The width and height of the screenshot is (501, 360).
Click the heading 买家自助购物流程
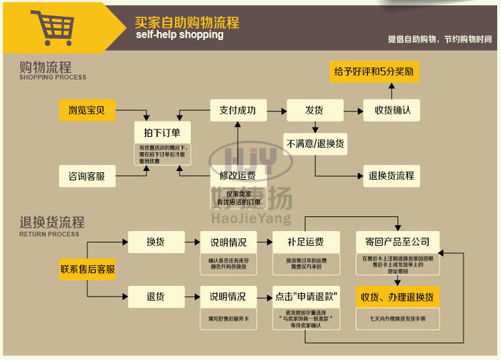186,22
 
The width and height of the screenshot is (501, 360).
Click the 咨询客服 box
87,176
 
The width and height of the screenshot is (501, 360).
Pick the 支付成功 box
238,110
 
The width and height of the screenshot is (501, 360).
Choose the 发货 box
315,110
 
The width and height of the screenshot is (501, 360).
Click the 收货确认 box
392,110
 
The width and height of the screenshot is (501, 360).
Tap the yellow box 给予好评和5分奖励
374,71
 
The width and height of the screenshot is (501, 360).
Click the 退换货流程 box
392,176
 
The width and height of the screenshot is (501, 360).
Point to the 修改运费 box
238,176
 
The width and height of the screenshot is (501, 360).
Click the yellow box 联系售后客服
87,270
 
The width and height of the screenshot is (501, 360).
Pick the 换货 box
156,242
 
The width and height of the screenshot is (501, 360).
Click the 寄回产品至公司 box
397,242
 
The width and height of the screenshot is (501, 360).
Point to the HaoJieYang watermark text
251,218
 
